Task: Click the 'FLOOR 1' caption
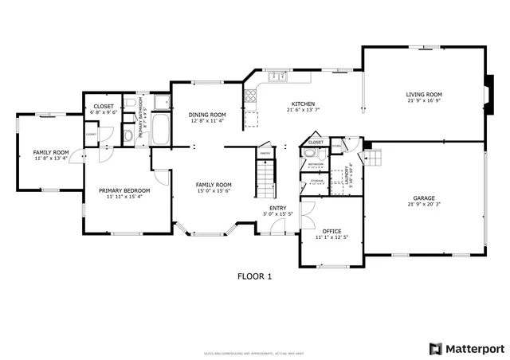click(255, 276)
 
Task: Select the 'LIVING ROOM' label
click(424, 94)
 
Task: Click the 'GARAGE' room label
click(424, 198)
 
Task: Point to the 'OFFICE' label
click(332, 231)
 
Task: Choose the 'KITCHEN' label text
click(303, 104)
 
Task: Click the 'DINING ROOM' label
click(207, 115)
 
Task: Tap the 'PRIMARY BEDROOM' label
click(124, 190)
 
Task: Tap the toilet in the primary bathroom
click(128, 135)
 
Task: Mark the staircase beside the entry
click(265, 178)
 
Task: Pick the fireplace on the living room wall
click(487, 92)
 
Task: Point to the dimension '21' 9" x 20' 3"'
click(424, 204)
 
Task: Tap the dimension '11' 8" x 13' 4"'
click(50, 158)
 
